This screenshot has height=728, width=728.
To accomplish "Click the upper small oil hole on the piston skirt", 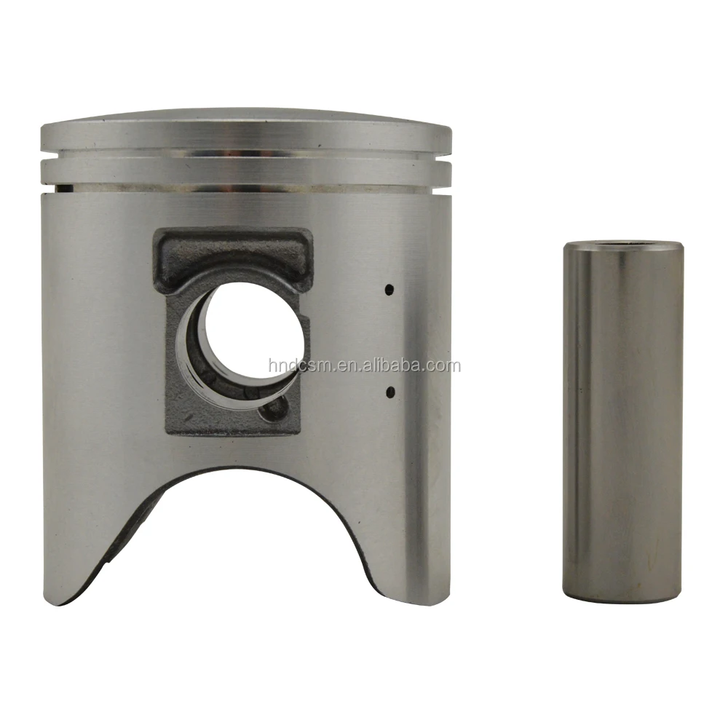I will pos(389,289).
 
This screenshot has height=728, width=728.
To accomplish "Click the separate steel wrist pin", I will pos(622,422).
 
